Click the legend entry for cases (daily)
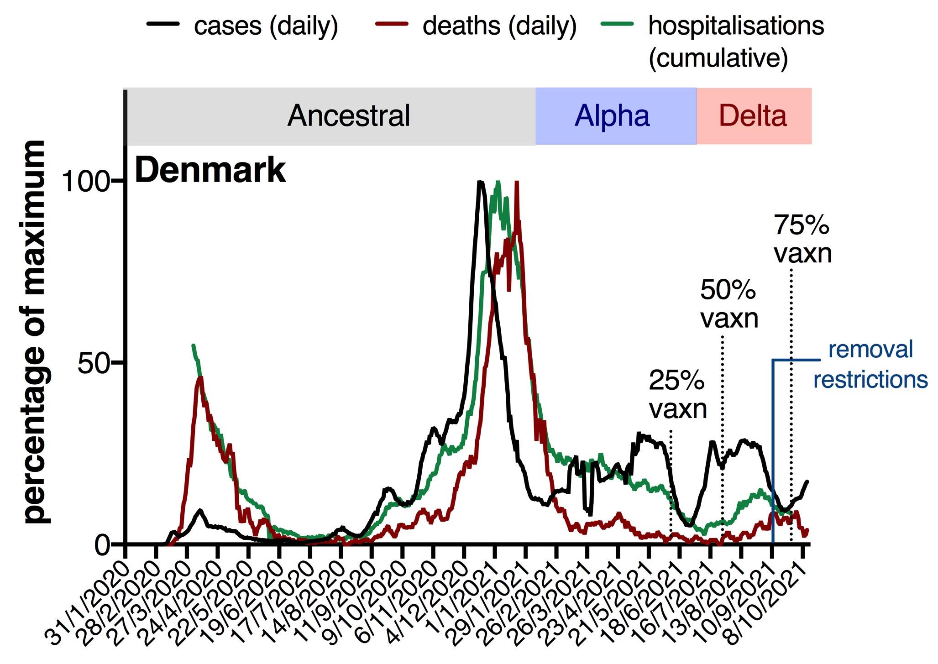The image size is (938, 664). (x=266, y=26)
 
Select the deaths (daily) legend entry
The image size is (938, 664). (x=499, y=26)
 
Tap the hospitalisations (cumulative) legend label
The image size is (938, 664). (x=735, y=41)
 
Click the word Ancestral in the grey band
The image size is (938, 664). (x=349, y=116)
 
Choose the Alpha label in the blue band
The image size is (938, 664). (x=612, y=116)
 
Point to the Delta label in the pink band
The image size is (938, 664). (x=753, y=116)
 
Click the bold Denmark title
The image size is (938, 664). (x=210, y=170)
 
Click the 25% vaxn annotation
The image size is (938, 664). (x=677, y=395)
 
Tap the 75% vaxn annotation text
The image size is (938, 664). (x=802, y=239)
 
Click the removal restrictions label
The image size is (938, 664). (x=870, y=365)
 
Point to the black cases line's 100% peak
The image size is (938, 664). (x=479, y=182)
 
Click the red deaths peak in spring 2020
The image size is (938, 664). (x=200, y=378)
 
